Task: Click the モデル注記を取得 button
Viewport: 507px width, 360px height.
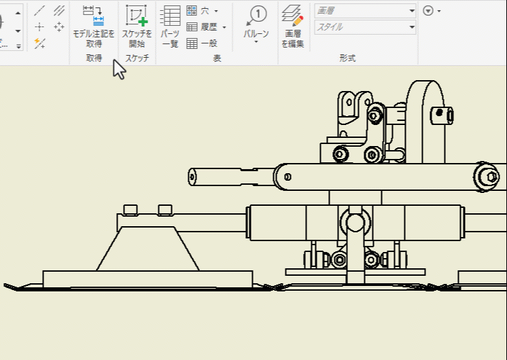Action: coord(93,26)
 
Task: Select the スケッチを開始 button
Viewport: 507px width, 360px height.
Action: coord(137,26)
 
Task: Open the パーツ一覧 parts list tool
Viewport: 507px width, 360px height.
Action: coord(170,26)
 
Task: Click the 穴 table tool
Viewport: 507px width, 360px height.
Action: coord(202,11)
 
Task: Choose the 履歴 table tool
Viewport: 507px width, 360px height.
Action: coord(206,27)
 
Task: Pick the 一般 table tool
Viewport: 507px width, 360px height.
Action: coord(202,43)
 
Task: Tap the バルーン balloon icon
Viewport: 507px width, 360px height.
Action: coord(256,16)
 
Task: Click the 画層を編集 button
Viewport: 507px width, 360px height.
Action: coord(293,26)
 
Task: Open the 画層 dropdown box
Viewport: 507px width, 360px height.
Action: coord(365,11)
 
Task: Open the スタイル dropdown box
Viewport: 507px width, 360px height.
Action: coord(365,27)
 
